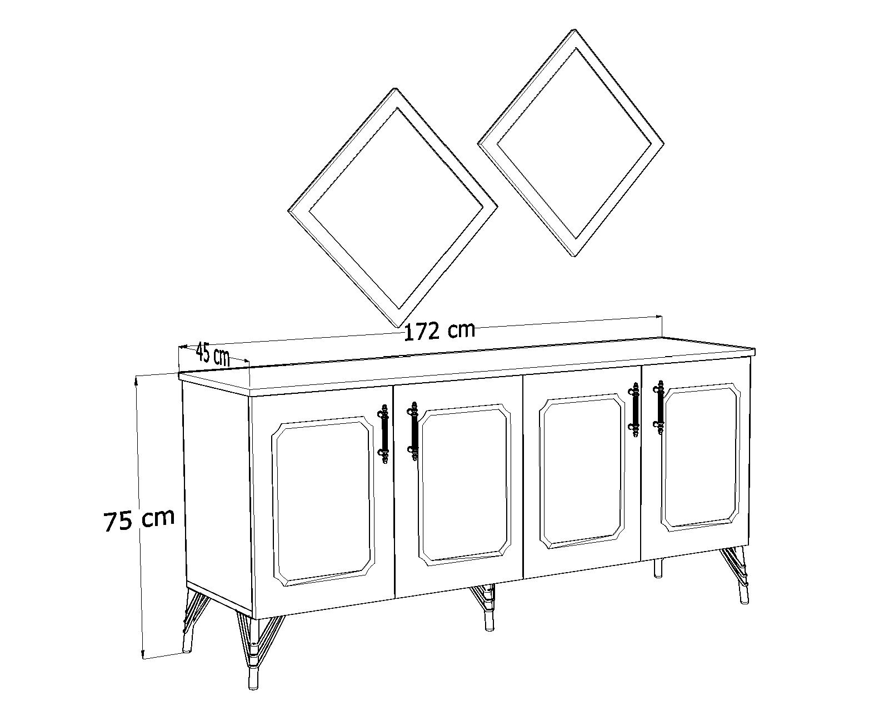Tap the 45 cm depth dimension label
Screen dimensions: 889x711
212,354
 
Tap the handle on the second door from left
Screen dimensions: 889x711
413,431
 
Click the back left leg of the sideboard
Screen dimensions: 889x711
191,621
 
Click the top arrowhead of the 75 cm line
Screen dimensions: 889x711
137,380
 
